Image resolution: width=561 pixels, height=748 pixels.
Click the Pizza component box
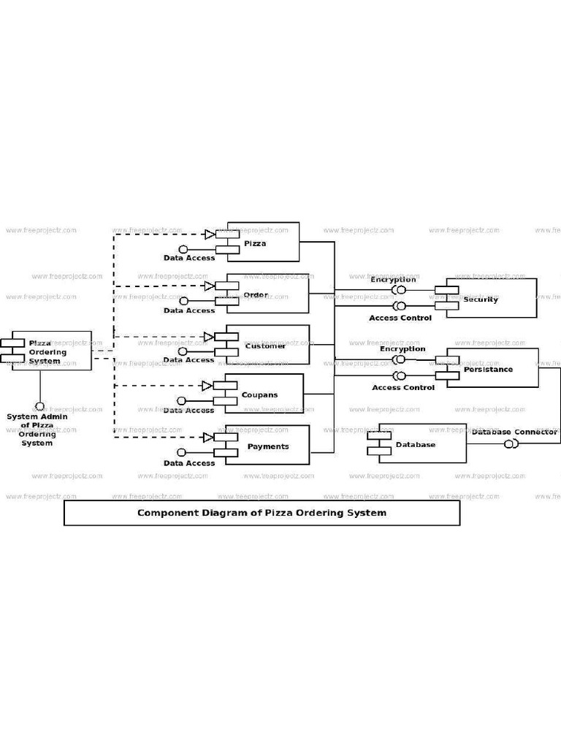click(263, 242)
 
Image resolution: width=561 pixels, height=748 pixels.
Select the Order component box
click(267, 294)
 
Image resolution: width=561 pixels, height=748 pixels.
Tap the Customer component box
click(267, 345)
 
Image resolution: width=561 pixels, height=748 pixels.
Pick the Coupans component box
click(263, 394)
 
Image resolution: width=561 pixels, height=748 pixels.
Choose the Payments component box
click(267, 445)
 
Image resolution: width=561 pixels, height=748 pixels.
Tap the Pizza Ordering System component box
click(51, 351)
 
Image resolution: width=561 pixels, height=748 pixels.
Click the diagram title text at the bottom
click(262, 513)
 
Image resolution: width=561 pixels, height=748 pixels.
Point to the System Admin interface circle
click(39, 406)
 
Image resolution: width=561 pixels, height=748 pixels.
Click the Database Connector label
click(514, 432)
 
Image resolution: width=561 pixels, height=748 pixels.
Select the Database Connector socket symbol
click(511, 443)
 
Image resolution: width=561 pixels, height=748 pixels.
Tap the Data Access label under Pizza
click(189, 258)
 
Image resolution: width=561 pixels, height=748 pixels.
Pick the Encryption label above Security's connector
click(393, 280)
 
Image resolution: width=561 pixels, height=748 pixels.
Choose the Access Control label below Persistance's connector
click(402, 387)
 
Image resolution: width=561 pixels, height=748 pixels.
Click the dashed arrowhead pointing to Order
click(209, 286)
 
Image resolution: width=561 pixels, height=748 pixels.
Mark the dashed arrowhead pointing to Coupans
click(207, 386)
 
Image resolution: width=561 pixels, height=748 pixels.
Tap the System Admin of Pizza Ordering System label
click(37, 430)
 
